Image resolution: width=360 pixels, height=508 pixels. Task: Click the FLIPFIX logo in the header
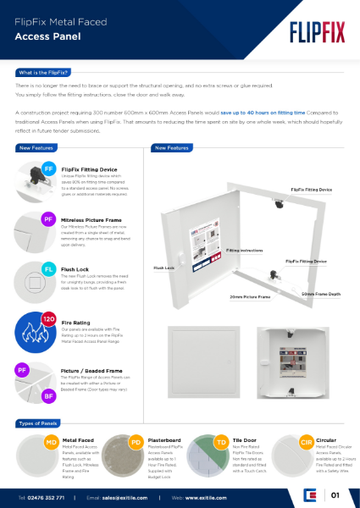[314, 31]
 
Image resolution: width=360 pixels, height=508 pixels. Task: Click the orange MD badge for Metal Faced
[51, 441]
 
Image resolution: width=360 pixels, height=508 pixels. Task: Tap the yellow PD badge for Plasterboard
[136, 441]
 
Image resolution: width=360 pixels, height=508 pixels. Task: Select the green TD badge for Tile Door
[220, 441]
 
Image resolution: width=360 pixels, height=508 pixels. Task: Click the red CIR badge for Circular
[306, 441]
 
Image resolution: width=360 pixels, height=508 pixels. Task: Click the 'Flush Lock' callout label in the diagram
[164, 268]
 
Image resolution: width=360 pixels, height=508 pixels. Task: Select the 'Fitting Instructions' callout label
[244, 251]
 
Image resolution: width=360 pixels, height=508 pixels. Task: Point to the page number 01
[335, 495]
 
